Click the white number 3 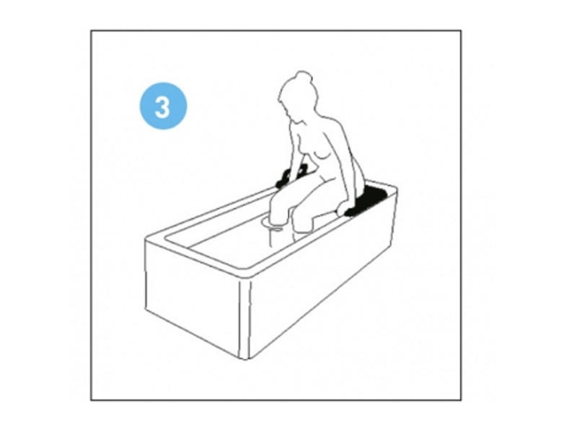(162, 107)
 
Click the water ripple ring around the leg (273, 224)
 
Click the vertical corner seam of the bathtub (245, 318)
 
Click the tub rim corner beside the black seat (396, 189)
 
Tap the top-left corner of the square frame (91, 30)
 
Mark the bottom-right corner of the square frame (461, 400)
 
